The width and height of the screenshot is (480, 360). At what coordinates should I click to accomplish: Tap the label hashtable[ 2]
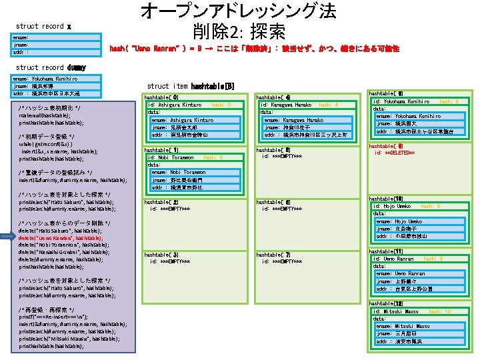(x=161, y=201)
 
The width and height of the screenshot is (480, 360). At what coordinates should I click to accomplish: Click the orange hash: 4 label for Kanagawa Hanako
(x=328, y=105)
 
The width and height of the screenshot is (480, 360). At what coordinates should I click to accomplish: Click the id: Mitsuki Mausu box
(x=396, y=311)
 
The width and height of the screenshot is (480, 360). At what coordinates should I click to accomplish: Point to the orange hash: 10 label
(x=439, y=311)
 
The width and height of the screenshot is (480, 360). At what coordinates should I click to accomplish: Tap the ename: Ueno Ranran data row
(x=400, y=273)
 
